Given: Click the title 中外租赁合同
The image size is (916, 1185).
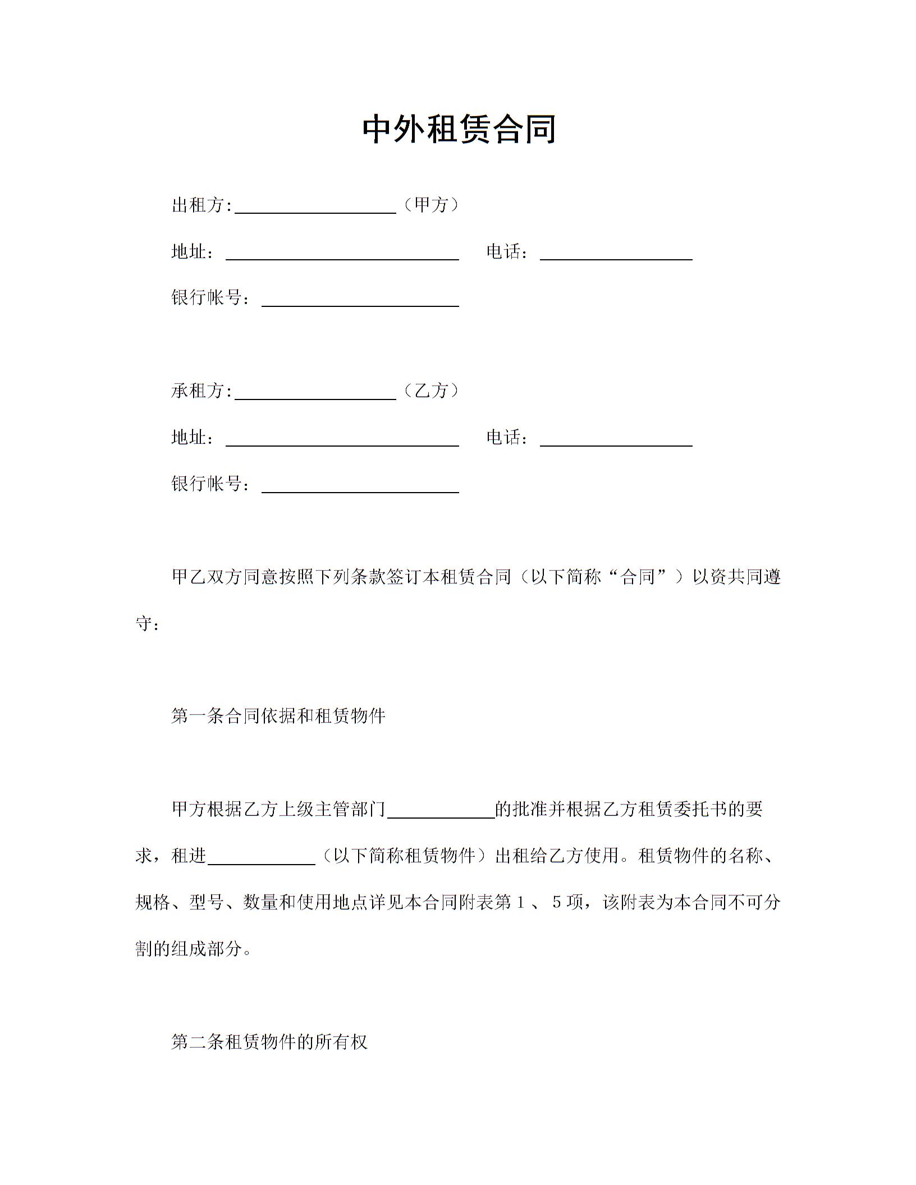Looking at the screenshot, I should (x=459, y=129).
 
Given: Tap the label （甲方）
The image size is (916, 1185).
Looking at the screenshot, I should (x=431, y=205).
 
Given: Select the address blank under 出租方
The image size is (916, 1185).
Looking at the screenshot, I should (x=342, y=253).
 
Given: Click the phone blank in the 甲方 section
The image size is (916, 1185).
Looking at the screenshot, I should (x=616, y=253).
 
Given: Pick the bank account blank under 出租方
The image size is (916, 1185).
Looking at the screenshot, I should (x=360, y=300).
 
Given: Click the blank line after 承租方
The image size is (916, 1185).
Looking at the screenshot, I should (x=315, y=392).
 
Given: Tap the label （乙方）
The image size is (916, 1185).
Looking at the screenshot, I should (x=431, y=391).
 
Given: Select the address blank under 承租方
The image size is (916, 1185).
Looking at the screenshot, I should (x=342, y=439).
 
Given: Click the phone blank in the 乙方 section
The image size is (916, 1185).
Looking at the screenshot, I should (x=616, y=439).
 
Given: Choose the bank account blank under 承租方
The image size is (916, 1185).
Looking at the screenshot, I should (x=360, y=486).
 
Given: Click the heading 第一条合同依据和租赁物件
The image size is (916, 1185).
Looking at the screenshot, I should (x=278, y=716).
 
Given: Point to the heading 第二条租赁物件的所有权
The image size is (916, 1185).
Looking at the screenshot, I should (x=269, y=1042).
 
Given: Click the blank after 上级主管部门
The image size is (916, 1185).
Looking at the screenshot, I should (x=441, y=811).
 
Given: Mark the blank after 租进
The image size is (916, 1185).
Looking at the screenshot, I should (x=262, y=858).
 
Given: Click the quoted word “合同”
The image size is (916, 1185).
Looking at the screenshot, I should (x=639, y=577).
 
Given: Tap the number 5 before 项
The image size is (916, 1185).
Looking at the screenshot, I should (x=557, y=902).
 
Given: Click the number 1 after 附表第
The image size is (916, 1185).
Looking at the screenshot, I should (x=520, y=902).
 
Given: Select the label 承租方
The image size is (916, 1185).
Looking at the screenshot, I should (x=199, y=391).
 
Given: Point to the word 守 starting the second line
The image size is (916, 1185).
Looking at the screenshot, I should (x=144, y=623).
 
